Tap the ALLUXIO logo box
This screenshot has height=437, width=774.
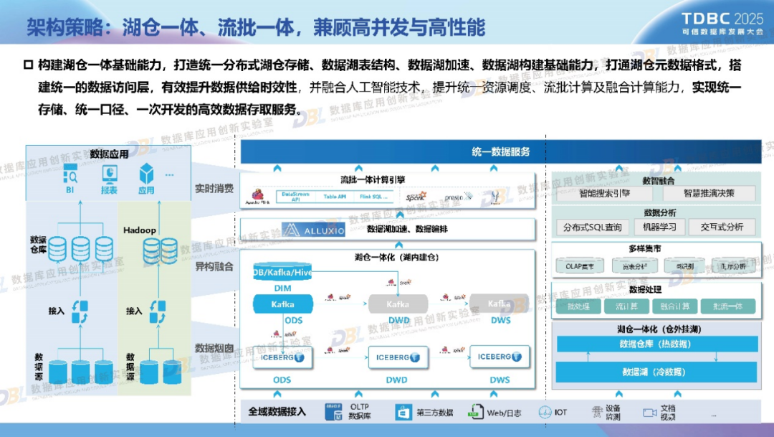313,230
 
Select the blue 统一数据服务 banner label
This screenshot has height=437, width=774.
501,151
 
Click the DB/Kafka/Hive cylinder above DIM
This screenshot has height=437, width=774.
282,273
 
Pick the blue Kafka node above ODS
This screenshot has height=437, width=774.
282,304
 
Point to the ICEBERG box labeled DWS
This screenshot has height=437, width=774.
500,357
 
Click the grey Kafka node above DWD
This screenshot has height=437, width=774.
396,304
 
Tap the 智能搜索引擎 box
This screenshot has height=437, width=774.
605,194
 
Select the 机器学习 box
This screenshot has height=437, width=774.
656,227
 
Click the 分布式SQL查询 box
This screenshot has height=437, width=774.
593,227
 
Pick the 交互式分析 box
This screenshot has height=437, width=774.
722,227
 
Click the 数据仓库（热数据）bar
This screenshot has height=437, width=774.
656,344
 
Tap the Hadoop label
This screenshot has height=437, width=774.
140,231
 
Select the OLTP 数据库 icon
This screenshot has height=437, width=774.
334,411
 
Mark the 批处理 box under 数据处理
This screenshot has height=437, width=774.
578,306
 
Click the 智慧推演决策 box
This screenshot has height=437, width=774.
708,194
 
